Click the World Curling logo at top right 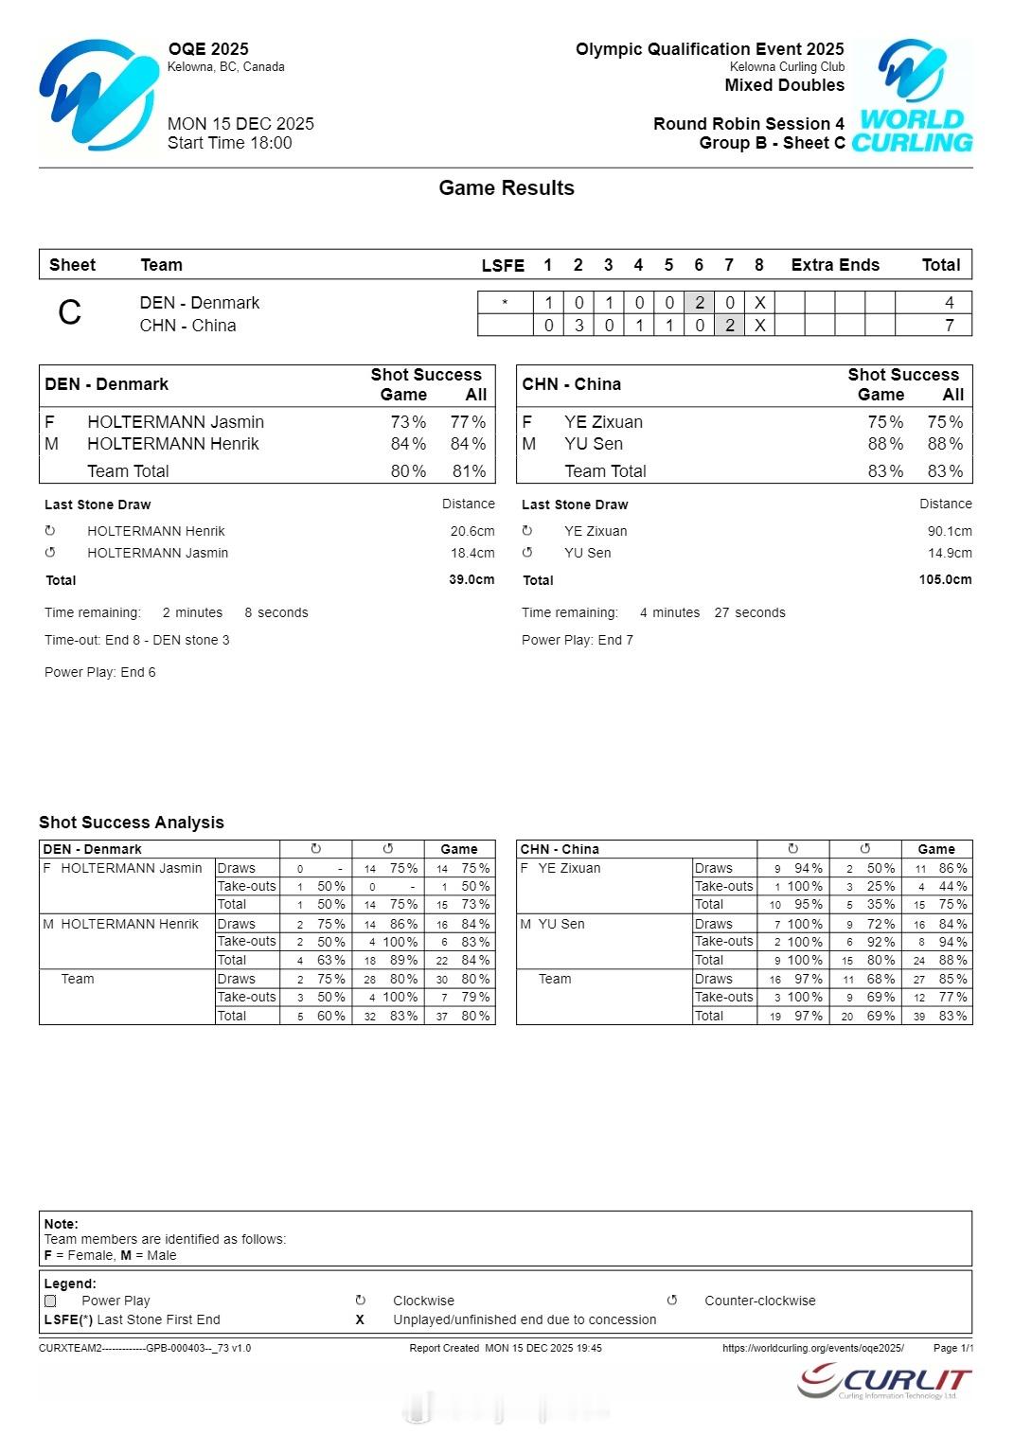(913, 96)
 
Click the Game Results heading (507, 188)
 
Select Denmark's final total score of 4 (949, 303)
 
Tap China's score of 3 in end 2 (578, 326)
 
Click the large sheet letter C (70, 313)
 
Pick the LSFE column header (503, 266)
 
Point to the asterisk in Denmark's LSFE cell (505, 303)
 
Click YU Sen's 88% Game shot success (884, 444)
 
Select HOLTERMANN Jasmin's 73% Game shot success (408, 422)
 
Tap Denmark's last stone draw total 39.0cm (471, 579)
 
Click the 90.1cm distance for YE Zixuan (950, 531)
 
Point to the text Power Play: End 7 (578, 640)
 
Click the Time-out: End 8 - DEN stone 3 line (137, 640)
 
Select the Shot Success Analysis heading (132, 823)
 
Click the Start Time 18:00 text (230, 144)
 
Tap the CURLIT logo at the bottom (885, 1381)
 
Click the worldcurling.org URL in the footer (812, 1348)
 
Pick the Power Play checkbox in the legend (51, 1301)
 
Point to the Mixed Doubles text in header (784, 85)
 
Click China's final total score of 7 (949, 326)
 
